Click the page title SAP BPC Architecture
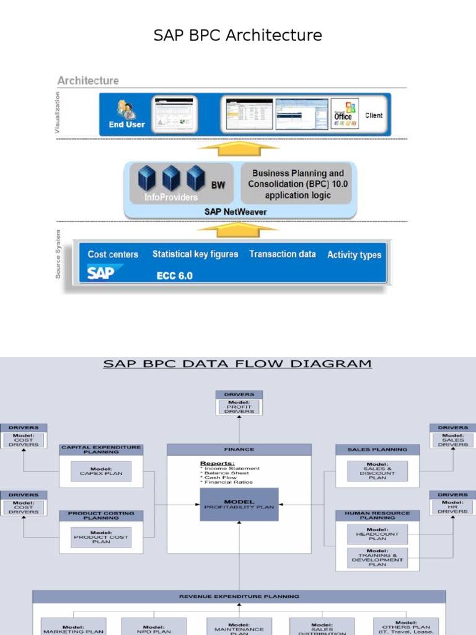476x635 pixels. click(x=238, y=35)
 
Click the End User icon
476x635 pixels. click(x=126, y=110)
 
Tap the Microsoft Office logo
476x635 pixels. click(x=345, y=113)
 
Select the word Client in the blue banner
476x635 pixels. click(x=374, y=115)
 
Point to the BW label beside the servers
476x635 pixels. click(x=218, y=185)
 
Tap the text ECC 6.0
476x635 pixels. click(x=174, y=276)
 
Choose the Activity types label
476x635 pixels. click(x=354, y=255)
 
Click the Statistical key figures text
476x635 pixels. click(x=195, y=254)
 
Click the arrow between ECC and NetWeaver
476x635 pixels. click(x=239, y=230)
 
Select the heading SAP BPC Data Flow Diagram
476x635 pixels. click(x=237, y=363)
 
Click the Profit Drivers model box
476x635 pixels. click(x=239, y=407)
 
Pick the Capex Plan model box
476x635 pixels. click(x=101, y=471)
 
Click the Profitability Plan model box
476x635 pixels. click(x=239, y=504)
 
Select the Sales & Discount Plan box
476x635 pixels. click(x=377, y=471)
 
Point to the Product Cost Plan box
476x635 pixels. click(x=101, y=537)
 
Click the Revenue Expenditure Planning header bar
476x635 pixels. click(x=239, y=597)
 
